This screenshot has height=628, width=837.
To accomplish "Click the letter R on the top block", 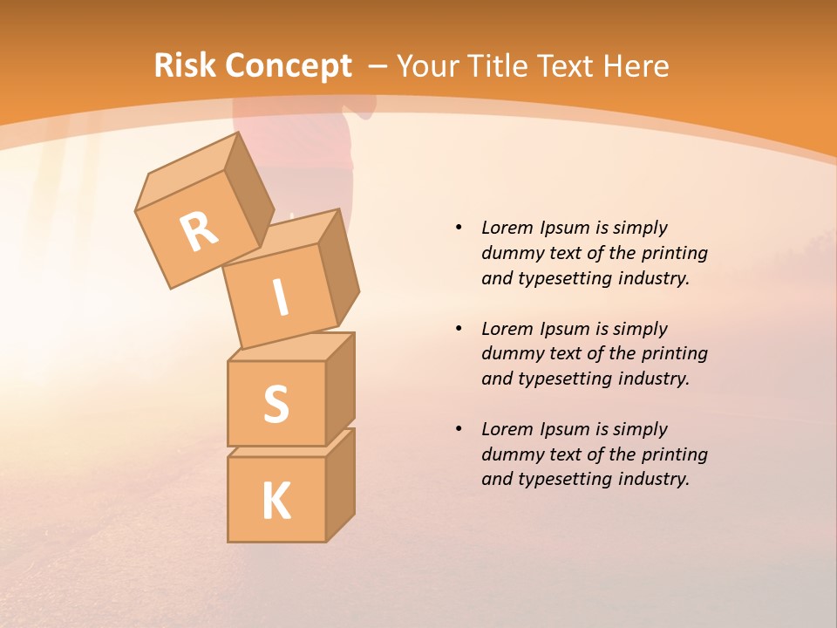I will click(200, 231).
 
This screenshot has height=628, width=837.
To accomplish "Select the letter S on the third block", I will click(276, 404).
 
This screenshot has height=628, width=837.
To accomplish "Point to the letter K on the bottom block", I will click(276, 501).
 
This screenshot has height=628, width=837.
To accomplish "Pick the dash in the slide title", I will click(378, 66).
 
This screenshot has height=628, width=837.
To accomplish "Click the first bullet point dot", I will click(459, 228).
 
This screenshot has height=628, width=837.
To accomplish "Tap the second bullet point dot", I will click(459, 329).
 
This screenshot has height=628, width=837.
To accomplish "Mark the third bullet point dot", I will click(459, 429).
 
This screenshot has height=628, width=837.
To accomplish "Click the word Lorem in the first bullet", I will click(507, 228).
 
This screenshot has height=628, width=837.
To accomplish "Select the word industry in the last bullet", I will click(653, 479).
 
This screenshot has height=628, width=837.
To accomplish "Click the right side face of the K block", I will click(340, 484).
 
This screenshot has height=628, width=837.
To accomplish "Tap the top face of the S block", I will click(291, 346).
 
